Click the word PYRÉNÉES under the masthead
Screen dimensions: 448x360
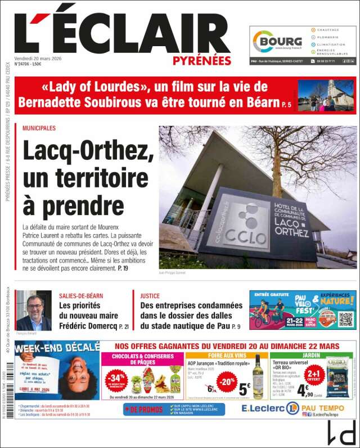click(202, 60)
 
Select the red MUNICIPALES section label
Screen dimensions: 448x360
click(39, 128)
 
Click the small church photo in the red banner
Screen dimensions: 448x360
click(326, 95)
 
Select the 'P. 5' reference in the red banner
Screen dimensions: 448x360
click(287, 104)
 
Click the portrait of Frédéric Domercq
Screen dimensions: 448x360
click(34, 310)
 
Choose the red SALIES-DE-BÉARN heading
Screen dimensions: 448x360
click(81, 295)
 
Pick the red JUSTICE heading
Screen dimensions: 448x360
click(150, 295)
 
